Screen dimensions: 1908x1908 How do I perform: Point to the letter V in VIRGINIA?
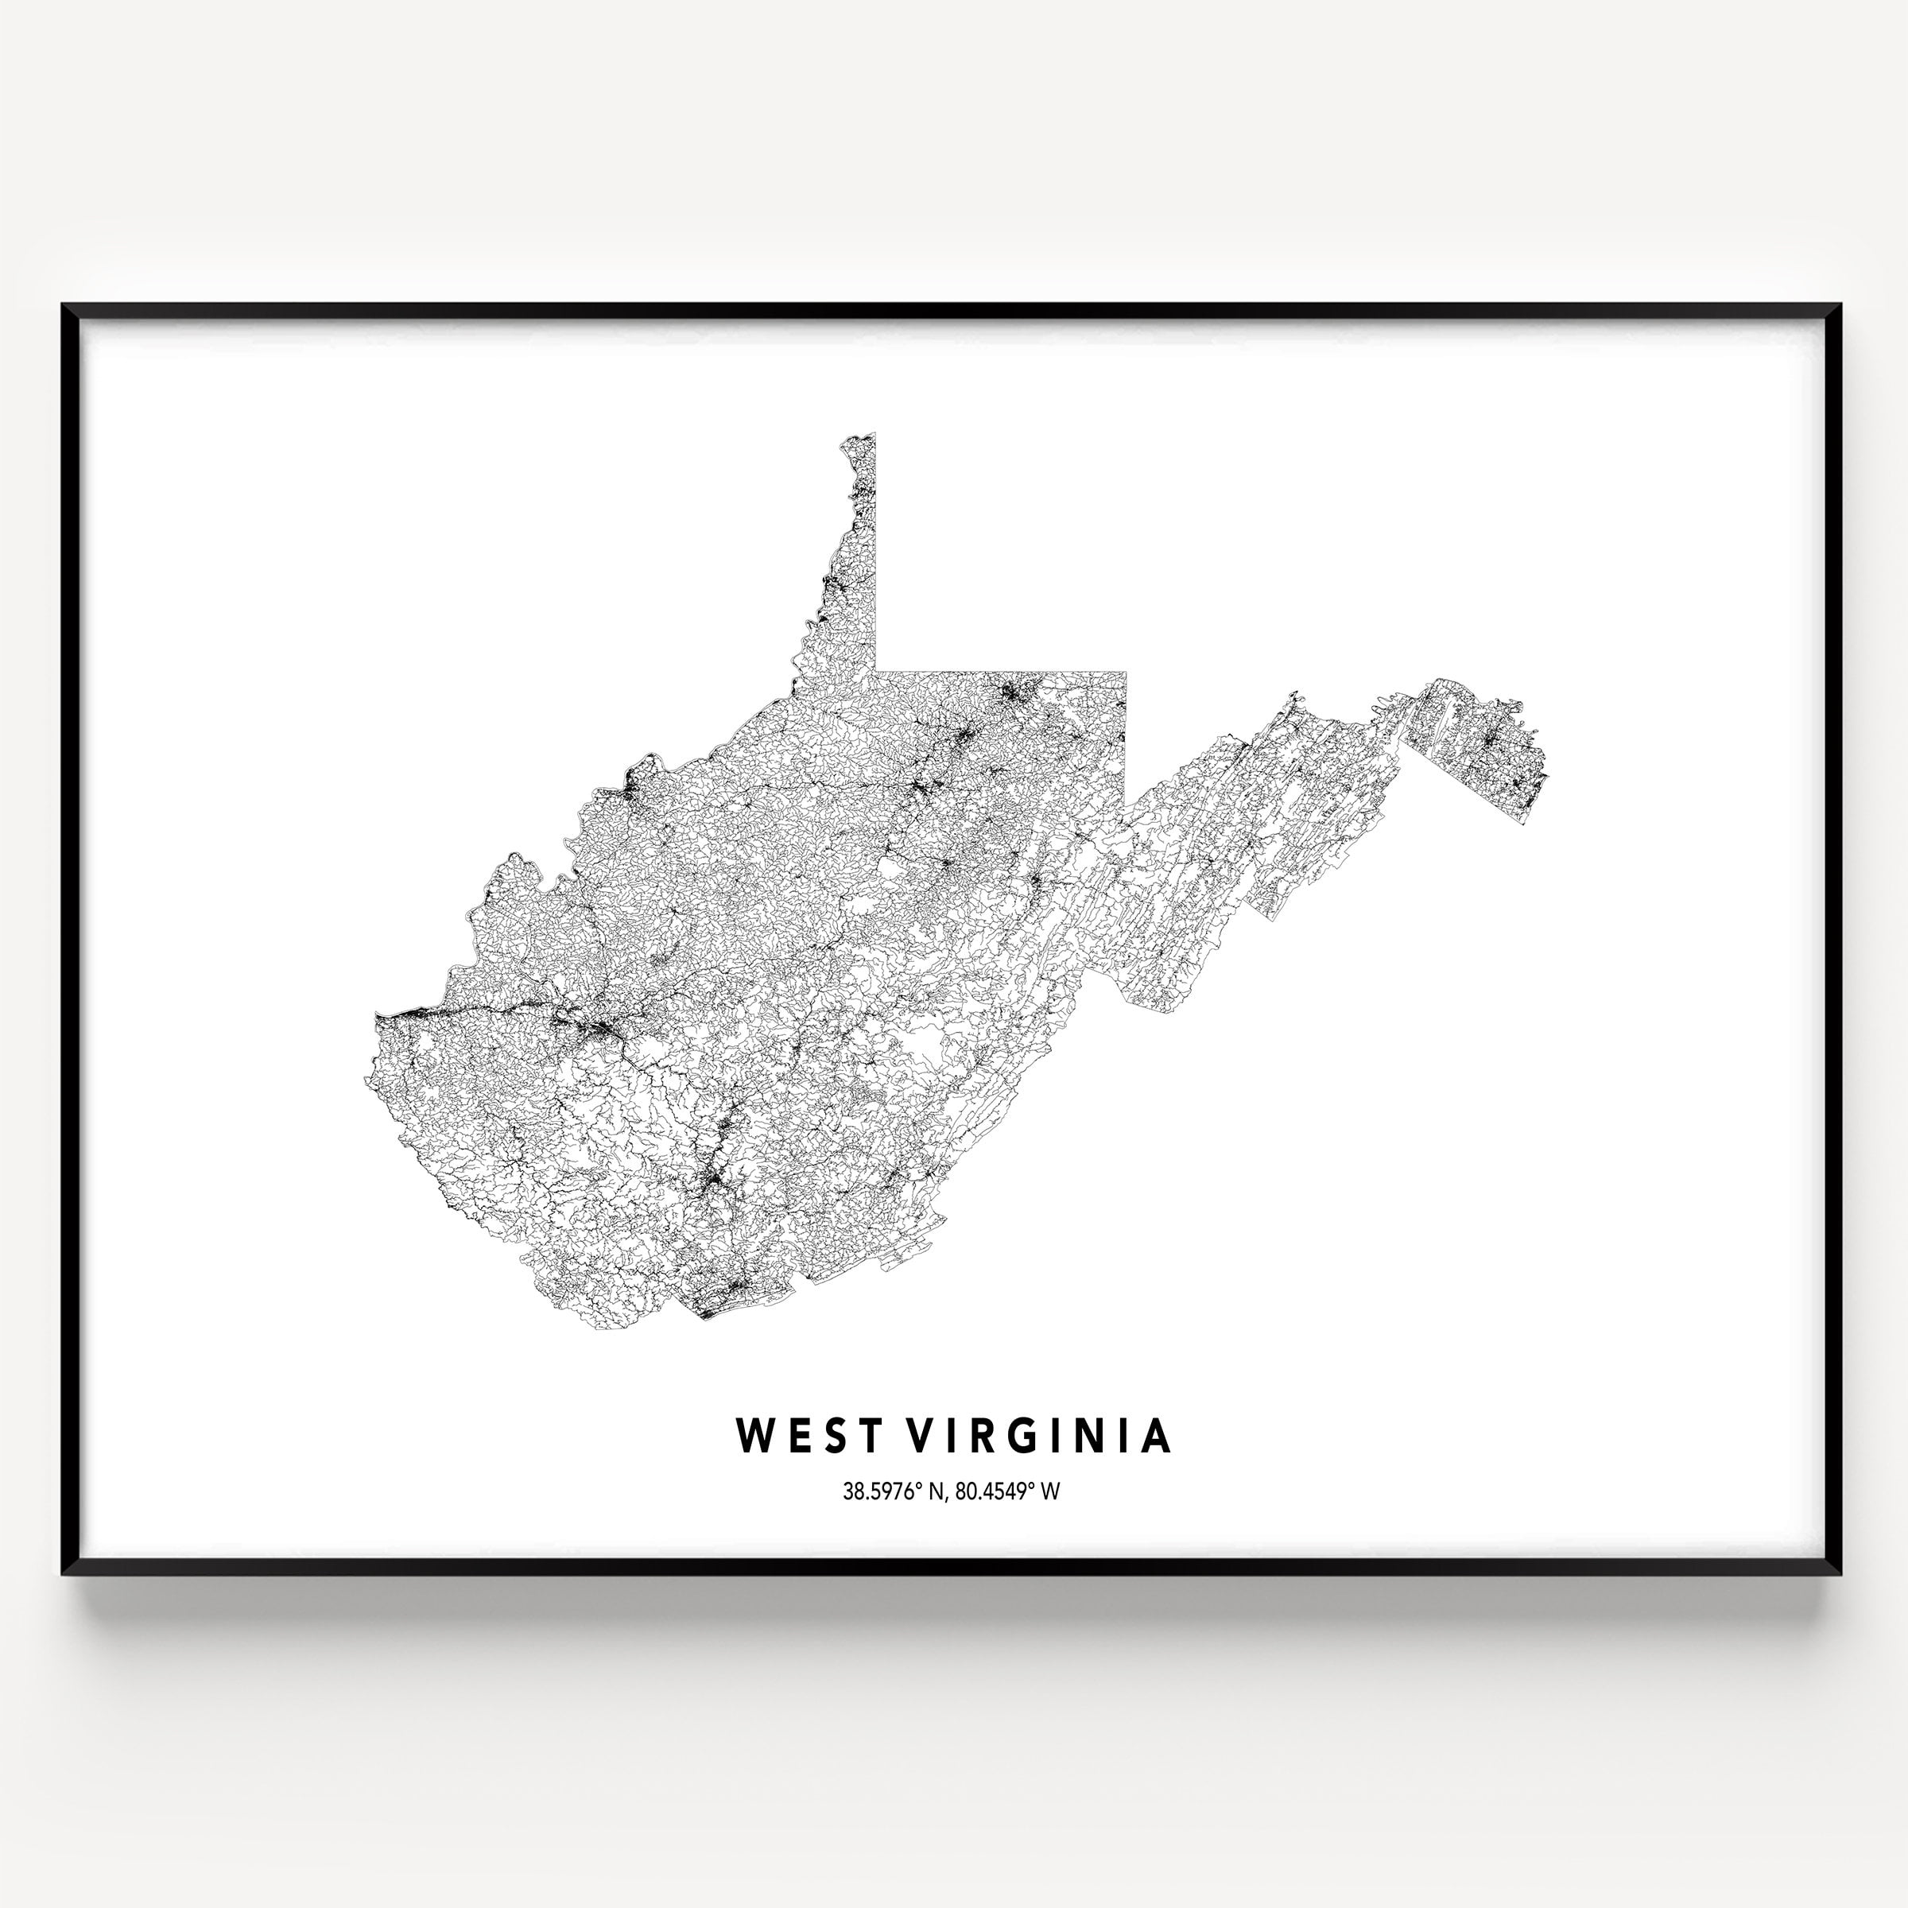[921, 1436]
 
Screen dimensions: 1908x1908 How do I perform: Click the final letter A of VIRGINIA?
[1155, 1436]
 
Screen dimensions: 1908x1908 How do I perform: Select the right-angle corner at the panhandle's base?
[875, 672]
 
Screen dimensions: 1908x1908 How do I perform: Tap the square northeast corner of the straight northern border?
[1126, 672]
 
